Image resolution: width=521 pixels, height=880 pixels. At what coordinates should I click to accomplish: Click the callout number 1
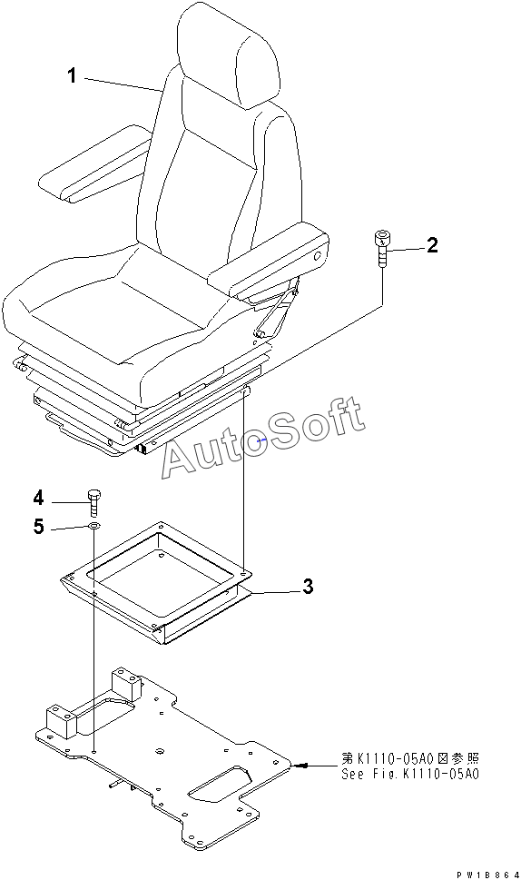72,75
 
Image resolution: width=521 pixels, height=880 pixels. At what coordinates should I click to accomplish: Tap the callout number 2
432,245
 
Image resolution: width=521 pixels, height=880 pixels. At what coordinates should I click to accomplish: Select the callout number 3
308,587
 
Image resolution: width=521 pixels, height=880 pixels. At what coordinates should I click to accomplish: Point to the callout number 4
38,498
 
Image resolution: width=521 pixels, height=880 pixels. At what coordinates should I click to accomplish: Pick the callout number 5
38,527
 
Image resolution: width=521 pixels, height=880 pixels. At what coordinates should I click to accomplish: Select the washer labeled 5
93,527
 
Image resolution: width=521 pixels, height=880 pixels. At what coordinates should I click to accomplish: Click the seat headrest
229,54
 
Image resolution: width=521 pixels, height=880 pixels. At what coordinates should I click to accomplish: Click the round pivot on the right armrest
317,256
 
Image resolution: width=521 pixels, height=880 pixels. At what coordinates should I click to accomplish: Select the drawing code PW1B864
487,875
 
